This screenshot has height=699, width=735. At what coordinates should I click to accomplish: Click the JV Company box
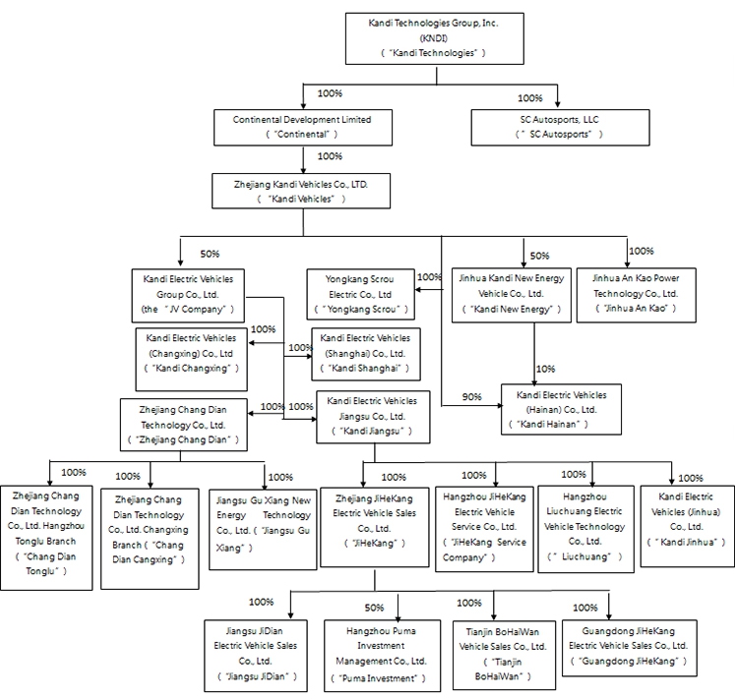tap(187, 293)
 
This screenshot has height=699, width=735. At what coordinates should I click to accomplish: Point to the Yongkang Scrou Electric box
tap(359, 293)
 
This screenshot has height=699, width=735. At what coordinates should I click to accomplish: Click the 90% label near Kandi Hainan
tap(472, 397)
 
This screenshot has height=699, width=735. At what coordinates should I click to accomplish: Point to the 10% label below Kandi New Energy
tap(544, 369)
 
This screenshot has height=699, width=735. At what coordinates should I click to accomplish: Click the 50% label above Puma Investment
tap(374, 608)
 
